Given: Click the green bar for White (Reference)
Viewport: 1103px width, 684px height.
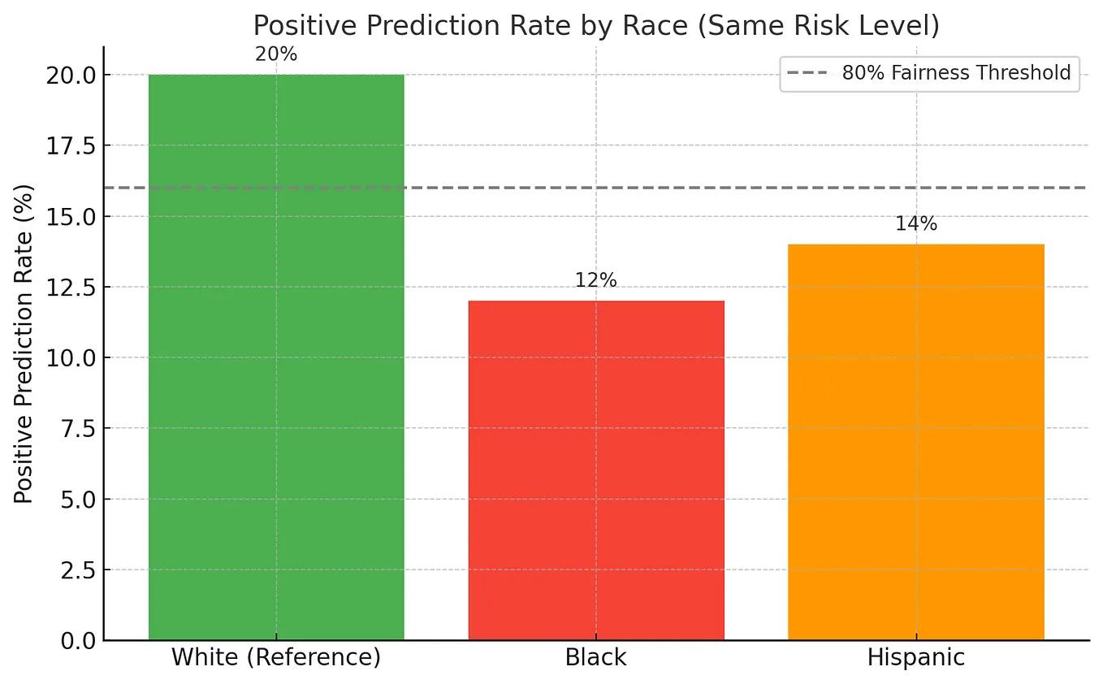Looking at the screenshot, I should [x=276, y=357].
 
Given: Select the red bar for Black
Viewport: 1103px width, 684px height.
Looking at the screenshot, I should [x=596, y=470].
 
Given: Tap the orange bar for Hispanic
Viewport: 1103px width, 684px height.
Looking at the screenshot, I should [x=916, y=442].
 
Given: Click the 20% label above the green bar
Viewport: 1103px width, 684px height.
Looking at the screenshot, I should [x=276, y=55].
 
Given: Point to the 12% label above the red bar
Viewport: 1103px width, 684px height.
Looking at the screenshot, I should [x=596, y=281].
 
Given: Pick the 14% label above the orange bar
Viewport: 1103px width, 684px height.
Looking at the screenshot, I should [x=916, y=225].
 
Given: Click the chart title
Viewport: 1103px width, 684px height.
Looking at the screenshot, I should [x=596, y=26].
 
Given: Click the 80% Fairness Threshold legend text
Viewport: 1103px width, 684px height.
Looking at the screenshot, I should [x=957, y=73].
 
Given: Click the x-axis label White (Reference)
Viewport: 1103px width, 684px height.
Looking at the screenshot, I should [x=276, y=657].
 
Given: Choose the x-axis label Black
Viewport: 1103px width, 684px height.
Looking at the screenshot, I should [x=596, y=657].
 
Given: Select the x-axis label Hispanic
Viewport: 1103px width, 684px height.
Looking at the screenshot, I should [x=916, y=657].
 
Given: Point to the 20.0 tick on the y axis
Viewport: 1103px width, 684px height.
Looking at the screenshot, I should [x=71, y=75].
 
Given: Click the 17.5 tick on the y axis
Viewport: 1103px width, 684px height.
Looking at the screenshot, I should [x=71, y=145].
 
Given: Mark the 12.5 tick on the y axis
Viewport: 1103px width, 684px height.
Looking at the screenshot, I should [x=71, y=287].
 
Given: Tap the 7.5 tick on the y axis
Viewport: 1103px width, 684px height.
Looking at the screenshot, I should [x=76, y=428].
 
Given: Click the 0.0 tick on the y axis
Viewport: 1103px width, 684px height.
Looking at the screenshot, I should [x=76, y=641].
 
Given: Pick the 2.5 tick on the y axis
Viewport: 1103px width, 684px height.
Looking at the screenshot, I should [x=76, y=570].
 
